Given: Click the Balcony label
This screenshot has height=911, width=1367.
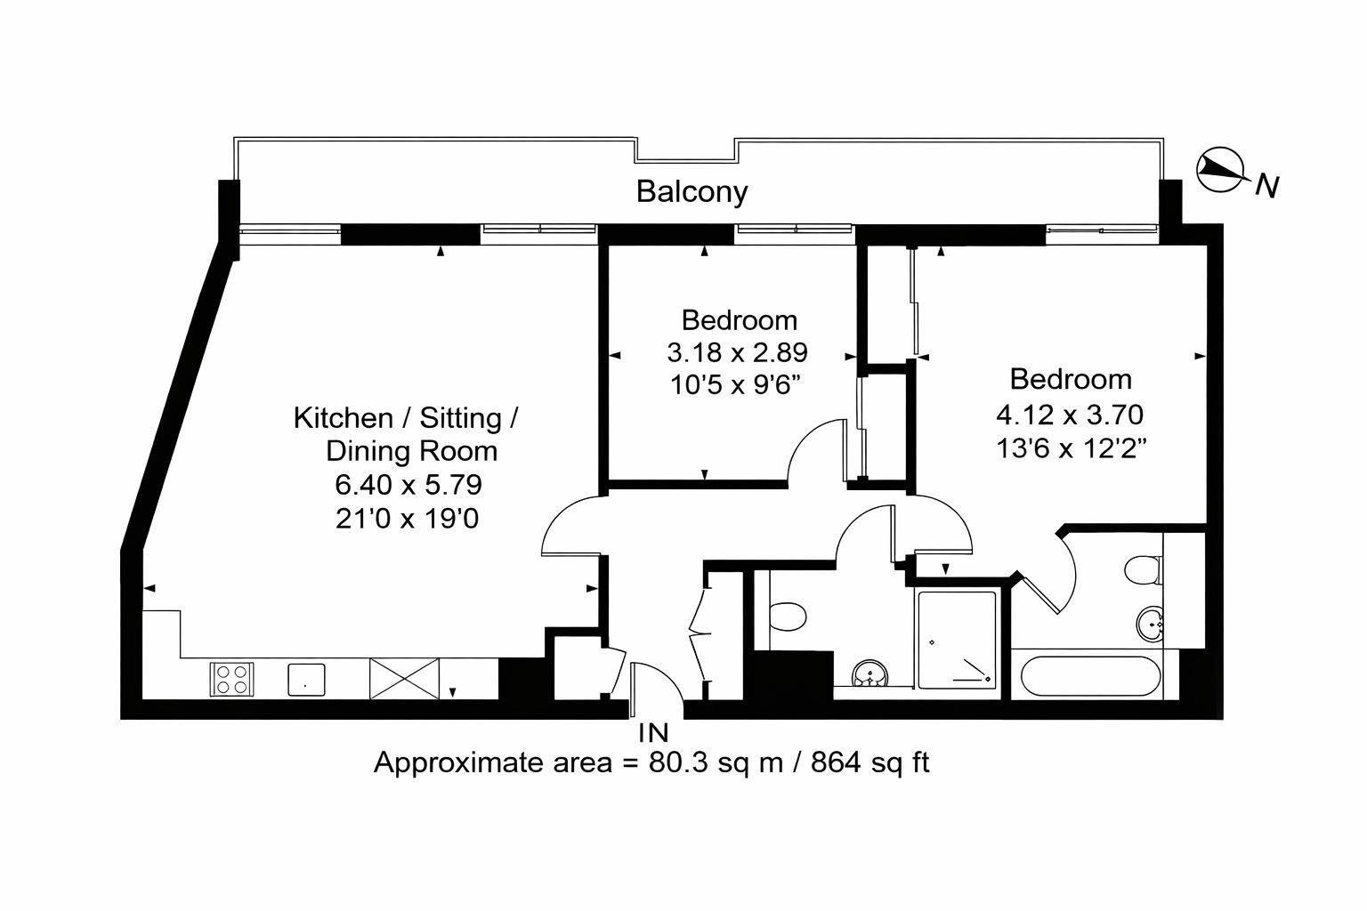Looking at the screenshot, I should [x=692, y=191].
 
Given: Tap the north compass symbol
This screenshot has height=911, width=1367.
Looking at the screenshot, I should [x=1218, y=170].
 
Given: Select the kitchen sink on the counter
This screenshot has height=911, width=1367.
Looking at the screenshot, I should [x=306, y=679].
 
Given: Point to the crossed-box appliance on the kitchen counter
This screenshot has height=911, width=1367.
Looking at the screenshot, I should [x=404, y=678].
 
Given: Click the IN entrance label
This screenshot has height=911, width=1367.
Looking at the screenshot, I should [x=653, y=733].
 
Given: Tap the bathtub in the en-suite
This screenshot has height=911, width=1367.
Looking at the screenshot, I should [x=1090, y=678].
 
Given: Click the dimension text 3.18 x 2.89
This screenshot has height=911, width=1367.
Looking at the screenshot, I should [x=737, y=353].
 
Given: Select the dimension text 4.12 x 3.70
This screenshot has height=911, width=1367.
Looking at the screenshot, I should [x=1071, y=414].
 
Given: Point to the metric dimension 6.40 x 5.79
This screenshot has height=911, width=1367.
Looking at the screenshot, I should [x=408, y=485].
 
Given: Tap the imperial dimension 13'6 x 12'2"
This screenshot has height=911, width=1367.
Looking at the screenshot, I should [x=1071, y=447].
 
